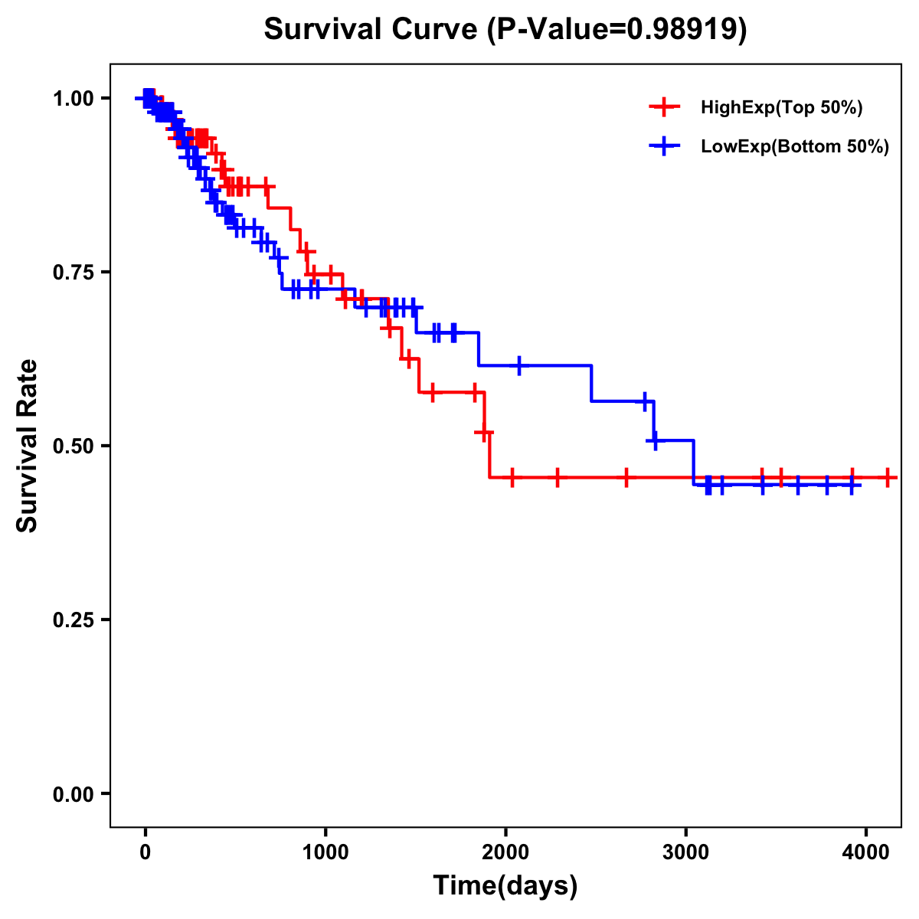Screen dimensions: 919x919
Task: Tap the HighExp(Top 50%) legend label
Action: tap(782, 108)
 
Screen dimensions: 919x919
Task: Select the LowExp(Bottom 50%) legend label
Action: tap(795, 147)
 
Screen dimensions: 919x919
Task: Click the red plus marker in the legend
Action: tap(663, 108)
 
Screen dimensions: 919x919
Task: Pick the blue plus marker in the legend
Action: tap(663, 147)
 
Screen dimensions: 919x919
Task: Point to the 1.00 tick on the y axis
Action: tap(73, 99)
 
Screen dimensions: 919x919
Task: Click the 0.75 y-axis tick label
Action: tap(73, 273)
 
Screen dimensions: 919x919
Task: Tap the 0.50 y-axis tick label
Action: tap(73, 446)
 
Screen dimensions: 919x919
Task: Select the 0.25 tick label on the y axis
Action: tap(73, 620)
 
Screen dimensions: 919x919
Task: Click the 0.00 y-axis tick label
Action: tap(73, 794)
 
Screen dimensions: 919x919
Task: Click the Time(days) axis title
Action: tap(505, 886)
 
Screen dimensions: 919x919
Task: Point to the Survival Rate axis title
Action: tap(28, 446)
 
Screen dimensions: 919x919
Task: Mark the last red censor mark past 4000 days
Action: tap(887, 477)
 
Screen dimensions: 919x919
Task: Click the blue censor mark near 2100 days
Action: tap(519, 365)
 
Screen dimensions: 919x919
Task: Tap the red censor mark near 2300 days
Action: tap(558, 477)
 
